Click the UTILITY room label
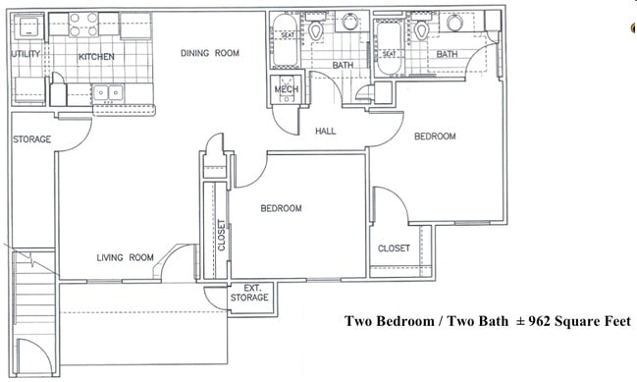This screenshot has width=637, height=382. tap(26, 55)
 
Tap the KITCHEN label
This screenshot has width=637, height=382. tap(96, 57)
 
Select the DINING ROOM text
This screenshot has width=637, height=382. tap(210, 54)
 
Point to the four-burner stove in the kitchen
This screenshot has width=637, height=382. tap(83, 25)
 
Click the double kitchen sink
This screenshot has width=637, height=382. tap(108, 93)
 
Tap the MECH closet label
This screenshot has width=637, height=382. tap(286, 89)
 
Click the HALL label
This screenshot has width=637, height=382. tap(327, 131)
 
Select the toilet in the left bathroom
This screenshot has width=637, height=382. tap(316, 31)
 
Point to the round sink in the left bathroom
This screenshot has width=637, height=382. tap(350, 24)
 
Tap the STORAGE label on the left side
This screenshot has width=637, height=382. tap(31, 139)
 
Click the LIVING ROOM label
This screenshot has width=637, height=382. tap(126, 258)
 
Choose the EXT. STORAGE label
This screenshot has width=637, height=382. tap(248, 293)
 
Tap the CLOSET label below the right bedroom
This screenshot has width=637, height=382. tap(394, 248)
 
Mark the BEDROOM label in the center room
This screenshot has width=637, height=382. tap(281, 209)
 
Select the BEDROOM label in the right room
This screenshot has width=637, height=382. tap(435, 136)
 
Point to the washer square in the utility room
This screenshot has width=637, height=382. tap(27, 27)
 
